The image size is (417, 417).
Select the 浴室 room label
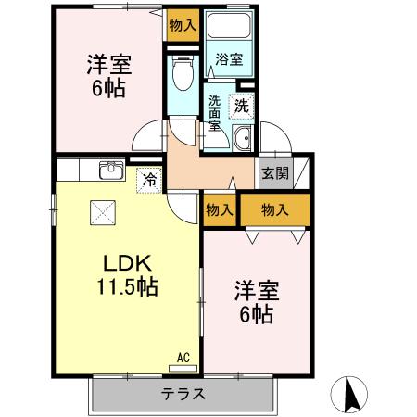230,60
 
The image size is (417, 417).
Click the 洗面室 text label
215,113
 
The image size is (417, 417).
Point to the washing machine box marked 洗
241,106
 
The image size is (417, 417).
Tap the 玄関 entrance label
274,172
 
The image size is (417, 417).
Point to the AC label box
183,356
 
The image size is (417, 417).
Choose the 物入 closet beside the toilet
183,25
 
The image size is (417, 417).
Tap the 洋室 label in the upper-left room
108,66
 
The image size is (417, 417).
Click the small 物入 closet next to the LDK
219,210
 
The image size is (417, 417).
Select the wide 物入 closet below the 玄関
274,210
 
